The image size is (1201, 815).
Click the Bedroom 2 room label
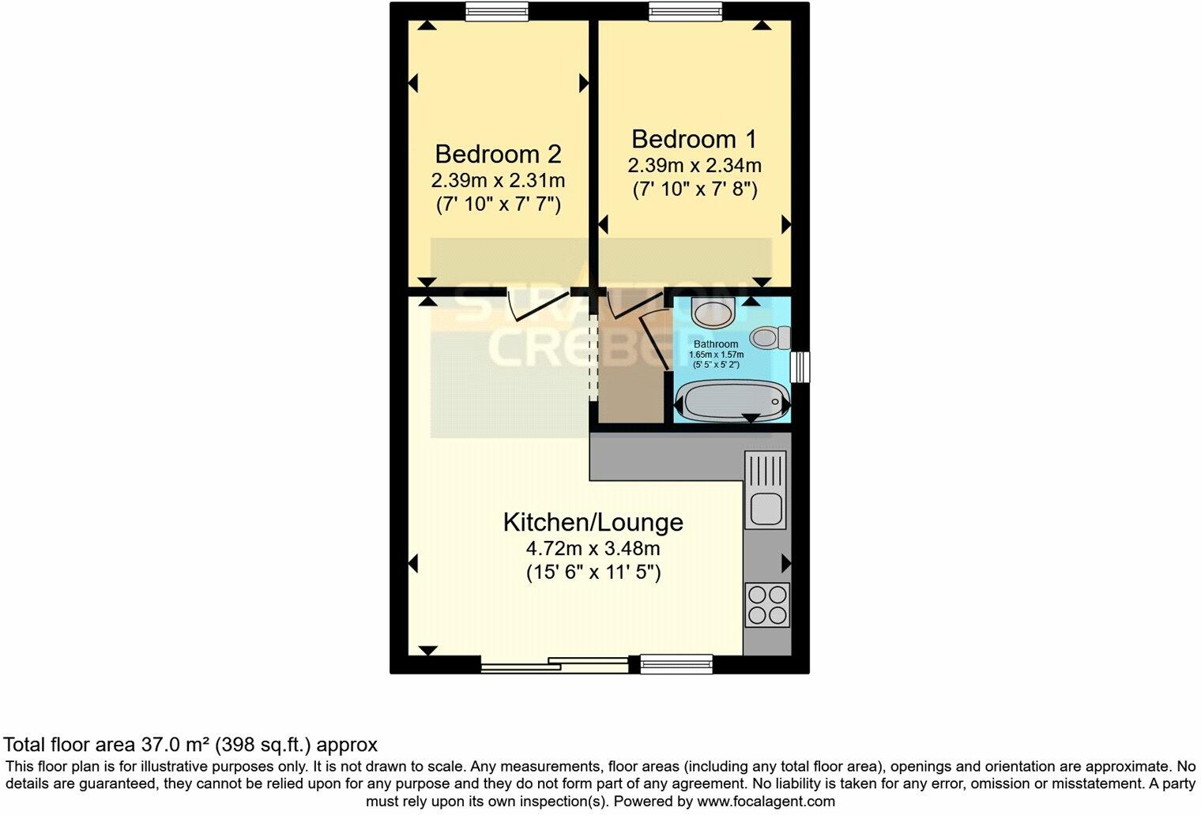tap(498, 153)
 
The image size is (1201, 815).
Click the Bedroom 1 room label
tap(694, 139)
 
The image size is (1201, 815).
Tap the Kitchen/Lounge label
tap(593, 522)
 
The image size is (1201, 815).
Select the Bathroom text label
tap(716, 344)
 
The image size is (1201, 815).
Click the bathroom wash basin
tap(713, 311)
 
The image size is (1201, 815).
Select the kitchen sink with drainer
tap(765, 489)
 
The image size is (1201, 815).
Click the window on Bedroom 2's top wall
tap(497, 10)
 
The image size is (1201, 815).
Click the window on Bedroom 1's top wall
tap(685, 10)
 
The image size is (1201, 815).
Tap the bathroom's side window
tap(800, 366)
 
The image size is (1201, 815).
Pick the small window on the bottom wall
tap(676, 664)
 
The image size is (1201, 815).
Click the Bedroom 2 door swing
tap(537, 306)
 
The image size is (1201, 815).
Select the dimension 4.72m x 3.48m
tap(593, 548)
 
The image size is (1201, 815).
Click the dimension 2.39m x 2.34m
tap(694, 166)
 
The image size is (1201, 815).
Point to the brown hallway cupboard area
tap(630, 379)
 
